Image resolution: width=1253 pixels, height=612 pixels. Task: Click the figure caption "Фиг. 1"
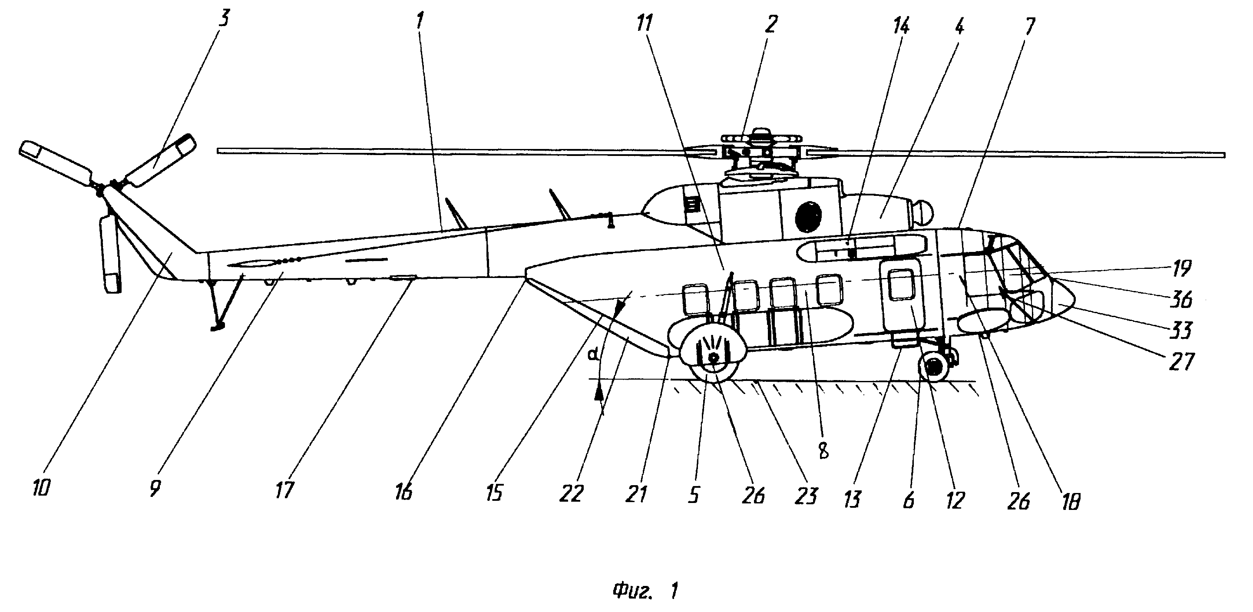coord(645,591)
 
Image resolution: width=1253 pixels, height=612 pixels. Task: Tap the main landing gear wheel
coord(713,357)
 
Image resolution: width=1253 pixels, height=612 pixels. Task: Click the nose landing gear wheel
coord(933,367)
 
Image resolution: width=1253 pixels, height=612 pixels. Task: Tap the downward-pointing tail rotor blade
coord(110,255)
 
